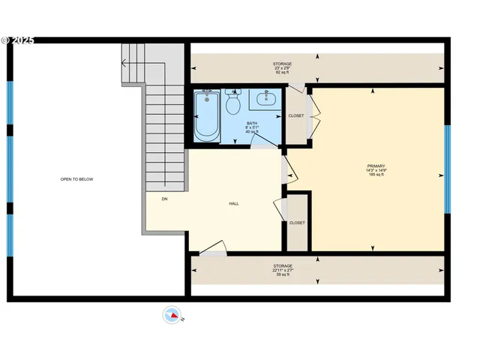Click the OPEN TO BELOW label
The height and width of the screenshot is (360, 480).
[76, 179]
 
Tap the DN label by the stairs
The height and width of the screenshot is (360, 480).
[164, 199]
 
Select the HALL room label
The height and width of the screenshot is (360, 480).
[234, 203]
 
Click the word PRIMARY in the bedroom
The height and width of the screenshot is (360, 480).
[376, 166]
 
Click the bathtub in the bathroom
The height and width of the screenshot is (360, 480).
[207, 116]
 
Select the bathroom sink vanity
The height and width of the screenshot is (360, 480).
[265, 98]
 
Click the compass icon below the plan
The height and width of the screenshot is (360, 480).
[172, 315]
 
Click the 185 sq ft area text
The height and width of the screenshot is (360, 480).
[376, 175]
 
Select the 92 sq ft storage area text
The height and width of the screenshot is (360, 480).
[282, 73]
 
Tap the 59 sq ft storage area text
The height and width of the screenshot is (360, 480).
[282, 275]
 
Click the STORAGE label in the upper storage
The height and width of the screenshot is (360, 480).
[282, 64]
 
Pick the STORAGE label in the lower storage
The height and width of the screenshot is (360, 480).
[282, 265]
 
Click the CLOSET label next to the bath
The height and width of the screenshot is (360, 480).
[296, 115]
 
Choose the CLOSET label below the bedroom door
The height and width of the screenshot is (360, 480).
[297, 223]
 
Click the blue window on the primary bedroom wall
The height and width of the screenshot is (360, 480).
[448, 169]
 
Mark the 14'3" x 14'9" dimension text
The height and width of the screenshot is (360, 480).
[376, 170]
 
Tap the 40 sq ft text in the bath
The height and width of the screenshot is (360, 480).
[252, 131]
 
